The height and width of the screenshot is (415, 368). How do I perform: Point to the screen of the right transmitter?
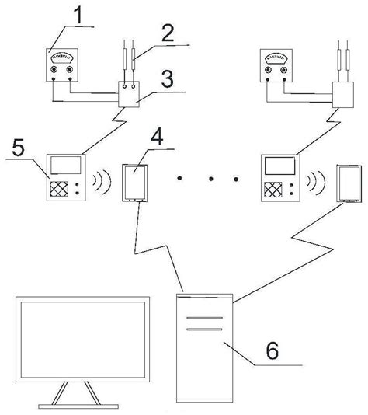tap(279, 165)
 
